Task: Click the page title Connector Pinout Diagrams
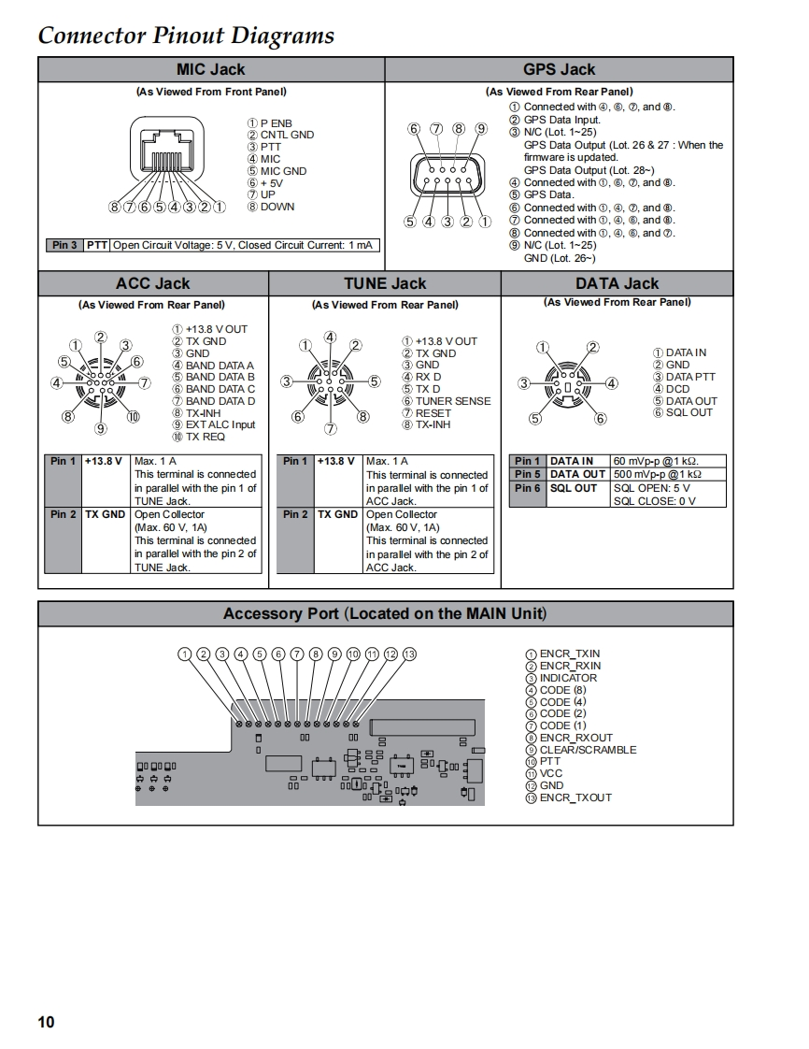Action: tap(186, 36)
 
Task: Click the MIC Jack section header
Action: tap(210, 69)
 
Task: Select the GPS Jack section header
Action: tap(559, 69)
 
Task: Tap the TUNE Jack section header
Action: tap(384, 283)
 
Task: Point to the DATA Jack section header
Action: tap(617, 283)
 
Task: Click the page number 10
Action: tap(46, 1022)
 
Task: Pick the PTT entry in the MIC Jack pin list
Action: tap(270, 147)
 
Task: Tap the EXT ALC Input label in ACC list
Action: tap(220, 424)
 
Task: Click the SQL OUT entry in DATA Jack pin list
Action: tap(688, 412)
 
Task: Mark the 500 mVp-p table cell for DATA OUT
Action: tap(657, 474)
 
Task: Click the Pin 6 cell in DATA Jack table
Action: tap(527, 488)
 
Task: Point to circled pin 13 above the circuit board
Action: tap(408, 654)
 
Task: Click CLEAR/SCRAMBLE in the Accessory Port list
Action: tap(588, 750)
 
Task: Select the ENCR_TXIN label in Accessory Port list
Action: tap(570, 654)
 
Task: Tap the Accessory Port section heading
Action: tap(385, 613)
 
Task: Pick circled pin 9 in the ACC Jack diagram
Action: tap(101, 428)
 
